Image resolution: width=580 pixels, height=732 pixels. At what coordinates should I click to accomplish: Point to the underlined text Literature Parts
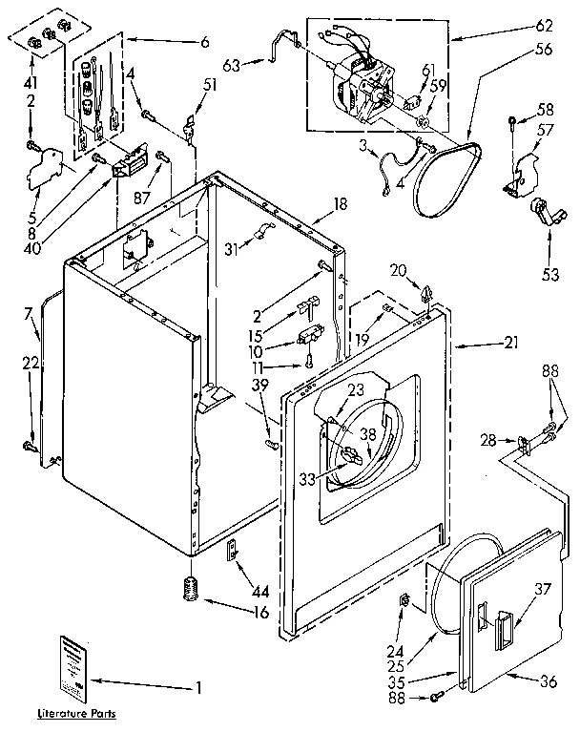[81, 713]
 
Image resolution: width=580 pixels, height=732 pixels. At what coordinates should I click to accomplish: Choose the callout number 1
[198, 684]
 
